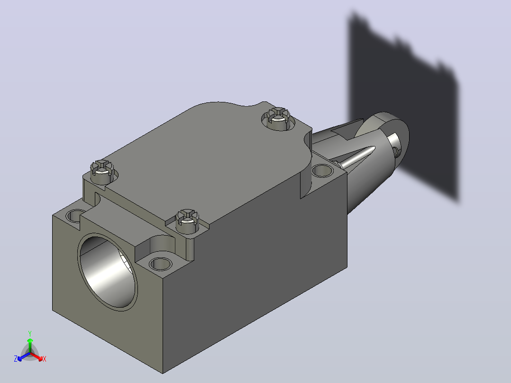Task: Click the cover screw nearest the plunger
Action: (278, 118)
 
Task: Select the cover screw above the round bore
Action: (187, 221)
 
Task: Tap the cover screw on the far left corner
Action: (102, 172)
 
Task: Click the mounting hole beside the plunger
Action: (322, 171)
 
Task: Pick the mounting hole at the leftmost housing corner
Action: (74, 216)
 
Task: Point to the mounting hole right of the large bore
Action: (160, 264)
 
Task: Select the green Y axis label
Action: (30, 333)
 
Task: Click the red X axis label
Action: (45, 359)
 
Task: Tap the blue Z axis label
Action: (16, 359)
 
